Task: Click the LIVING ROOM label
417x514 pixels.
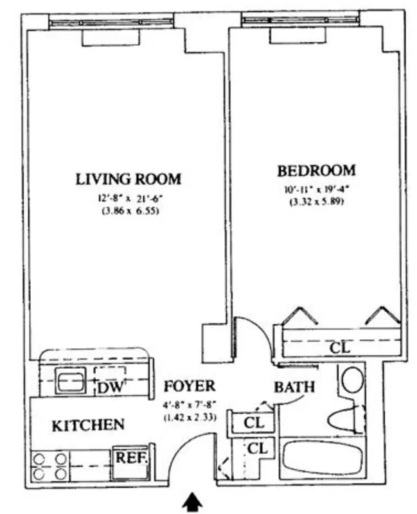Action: (x=129, y=179)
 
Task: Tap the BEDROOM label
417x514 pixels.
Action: (x=316, y=171)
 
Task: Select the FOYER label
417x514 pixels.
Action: (x=189, y=386)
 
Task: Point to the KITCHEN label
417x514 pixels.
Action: (x=87, y=425)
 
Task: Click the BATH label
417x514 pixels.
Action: (x=294, y=387)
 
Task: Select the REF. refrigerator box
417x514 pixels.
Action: (x=132, y=458)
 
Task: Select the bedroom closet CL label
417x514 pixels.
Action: (x=340, y=348)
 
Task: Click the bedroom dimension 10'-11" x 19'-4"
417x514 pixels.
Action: (x=316, y=190)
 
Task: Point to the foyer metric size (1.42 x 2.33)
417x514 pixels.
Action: (x=189, y=416)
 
